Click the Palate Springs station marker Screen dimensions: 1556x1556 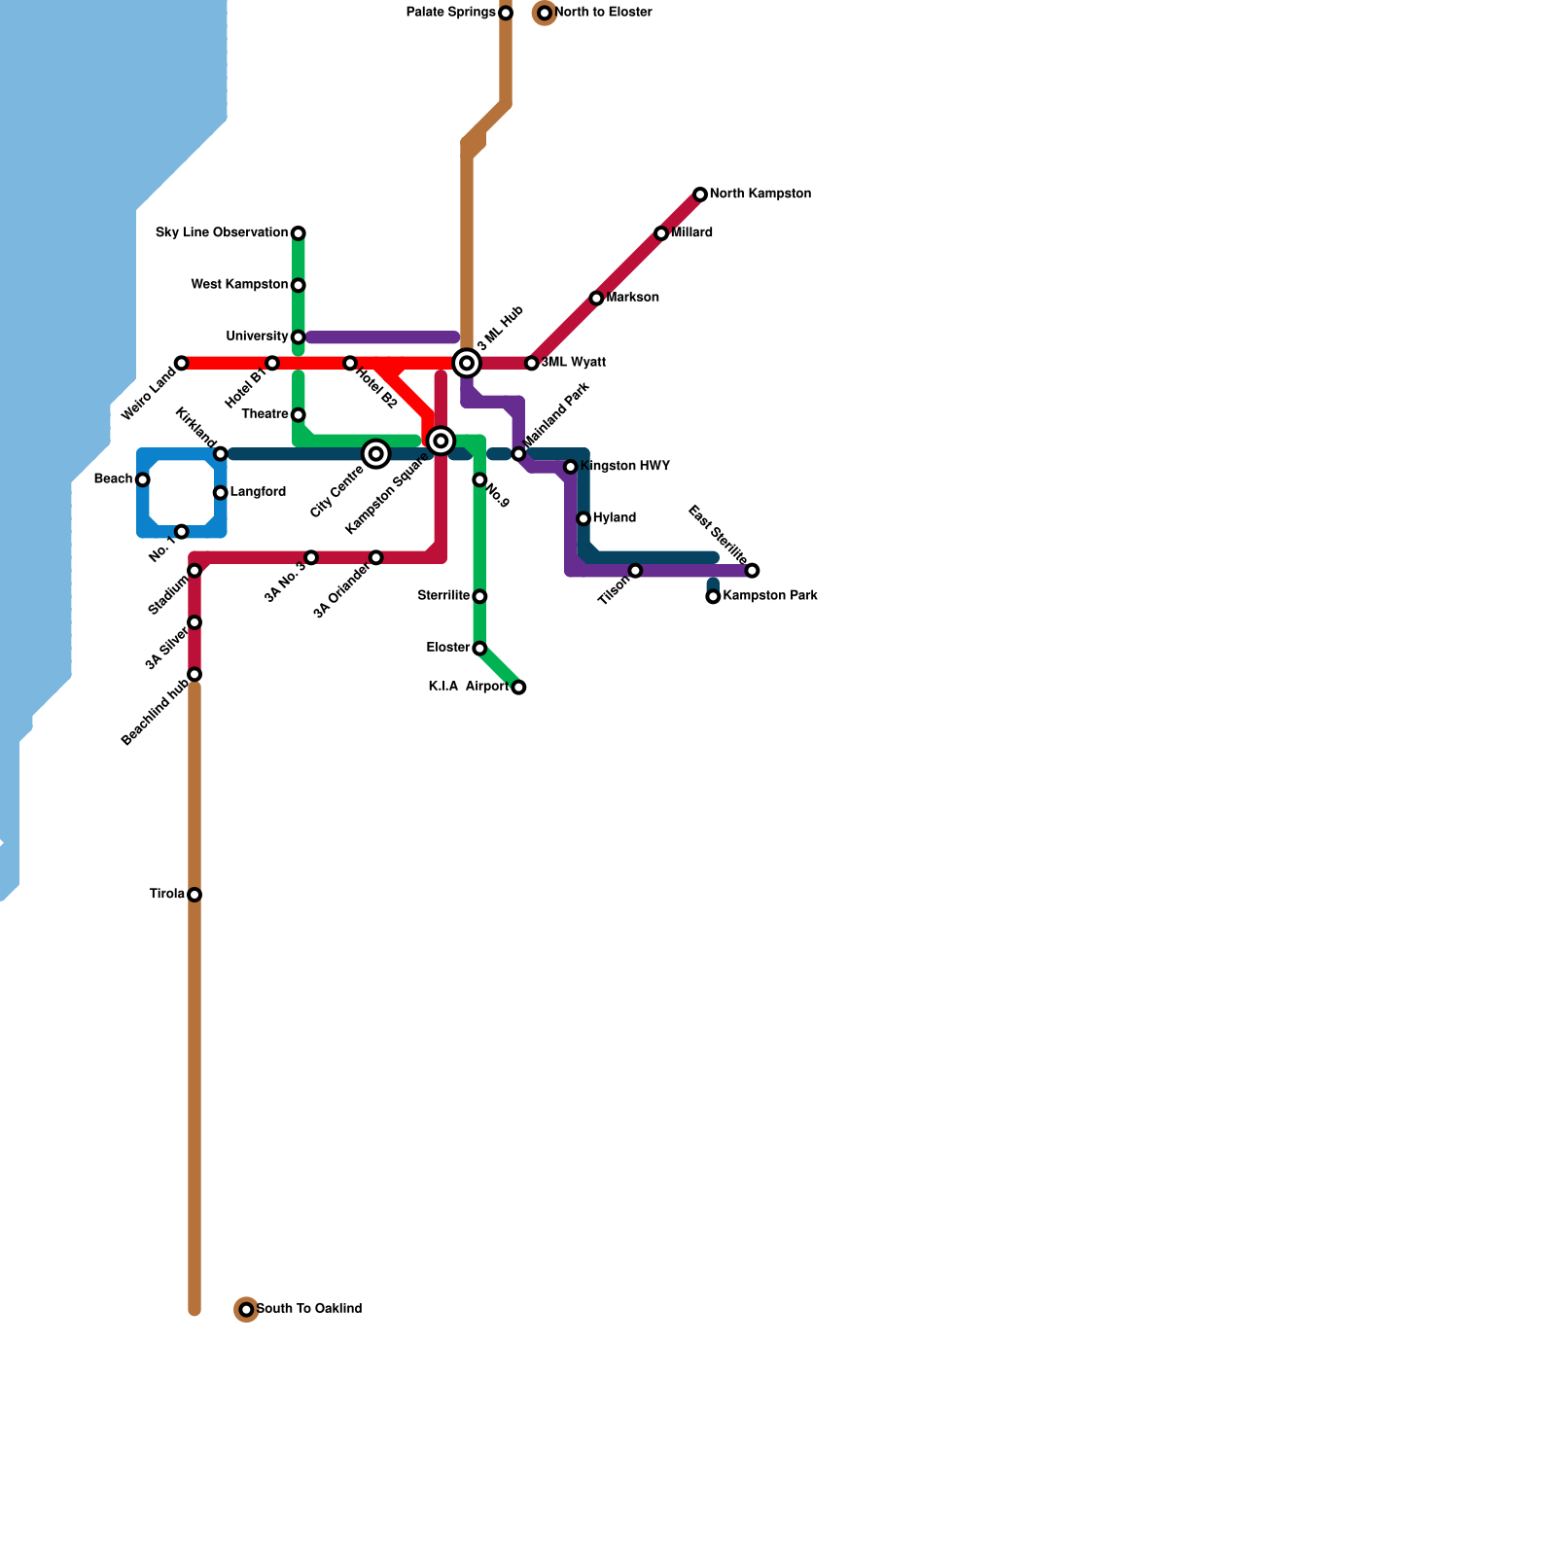506,13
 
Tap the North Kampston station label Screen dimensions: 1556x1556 760,194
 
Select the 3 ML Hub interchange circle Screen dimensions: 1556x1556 467,363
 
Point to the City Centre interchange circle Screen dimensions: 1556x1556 376,454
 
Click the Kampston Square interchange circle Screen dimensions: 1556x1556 441,442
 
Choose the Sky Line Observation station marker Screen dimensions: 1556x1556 299,233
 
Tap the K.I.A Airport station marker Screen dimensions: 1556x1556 518,688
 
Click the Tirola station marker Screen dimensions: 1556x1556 194,895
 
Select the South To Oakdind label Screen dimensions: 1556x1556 309,1309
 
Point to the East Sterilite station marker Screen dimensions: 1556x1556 752,570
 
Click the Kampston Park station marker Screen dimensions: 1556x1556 713,596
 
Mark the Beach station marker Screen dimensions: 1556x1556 143,479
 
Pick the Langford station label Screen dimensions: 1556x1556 258,492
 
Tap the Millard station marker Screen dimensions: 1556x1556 661,233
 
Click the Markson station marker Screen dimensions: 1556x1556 596,298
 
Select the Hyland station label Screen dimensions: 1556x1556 614,518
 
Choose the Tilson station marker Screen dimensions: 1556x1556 635,570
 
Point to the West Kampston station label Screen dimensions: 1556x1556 239,285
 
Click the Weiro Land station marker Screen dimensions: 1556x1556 181,363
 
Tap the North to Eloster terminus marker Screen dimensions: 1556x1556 545,13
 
